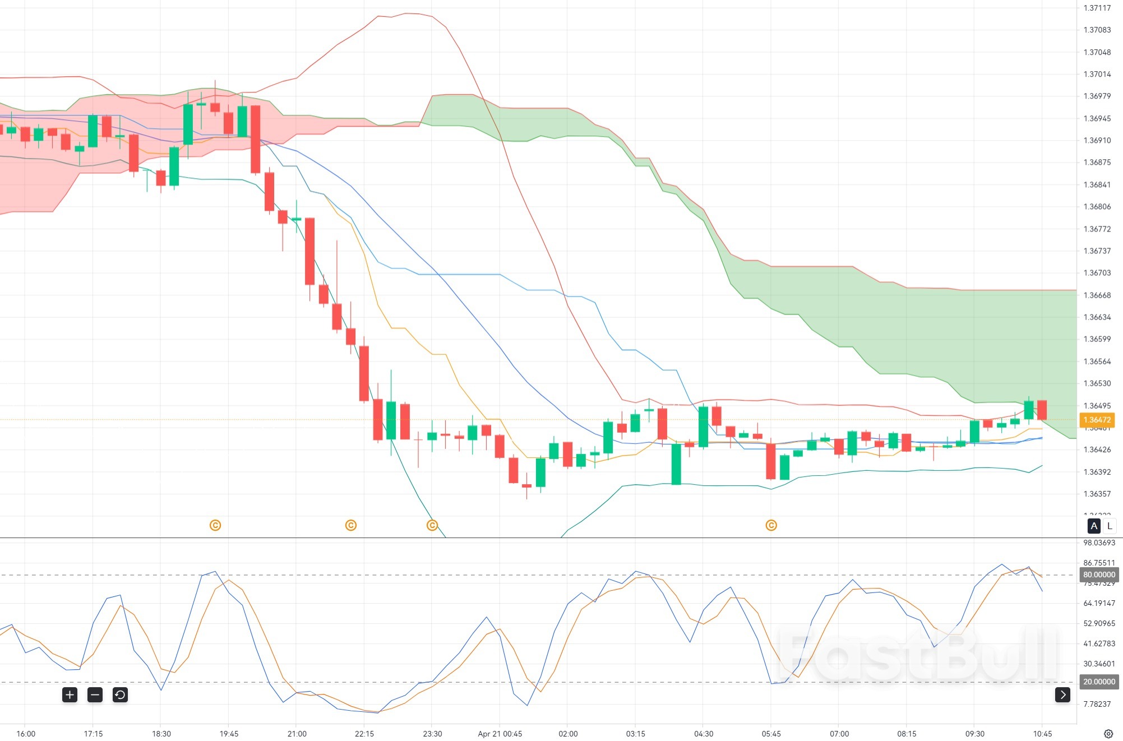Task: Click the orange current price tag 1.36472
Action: [x=1097, y=420]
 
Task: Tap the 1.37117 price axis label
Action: [x=1097, y=8]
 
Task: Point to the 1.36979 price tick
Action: [x=1097, y=96]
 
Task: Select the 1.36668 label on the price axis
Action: [x=1097, y=295]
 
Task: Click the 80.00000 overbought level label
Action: [x=1099, y=575]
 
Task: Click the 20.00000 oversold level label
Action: [x=1099, y=682]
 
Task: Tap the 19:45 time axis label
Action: [x=229, y=734]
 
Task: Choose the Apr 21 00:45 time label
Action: [x=500, y=734]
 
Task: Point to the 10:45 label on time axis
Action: [x=1042, y=734]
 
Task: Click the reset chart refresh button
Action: [x=120, y=695]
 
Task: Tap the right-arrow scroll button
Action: [x=1062, y=695]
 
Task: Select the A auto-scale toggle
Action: [x=1094, y=526]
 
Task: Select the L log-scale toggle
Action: [x=1109, y=526]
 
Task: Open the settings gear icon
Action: [x=1108, y=734]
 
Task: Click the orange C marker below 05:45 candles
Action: [x=771, y=525]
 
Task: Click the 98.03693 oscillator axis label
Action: [x=1099, y=543]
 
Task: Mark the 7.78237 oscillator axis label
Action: [x=1097, y=704]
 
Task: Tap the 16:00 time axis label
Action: [x=26, y=734]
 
